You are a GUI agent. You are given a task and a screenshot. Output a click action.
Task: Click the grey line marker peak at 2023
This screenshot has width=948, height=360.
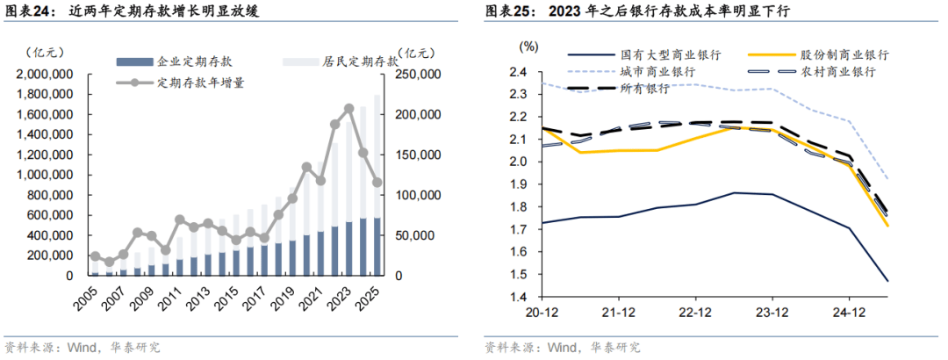[349, 109]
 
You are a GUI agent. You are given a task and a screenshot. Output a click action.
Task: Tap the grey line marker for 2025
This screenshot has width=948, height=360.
[377, 183]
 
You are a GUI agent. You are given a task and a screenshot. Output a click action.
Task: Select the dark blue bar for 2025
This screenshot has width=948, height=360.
[377, 247]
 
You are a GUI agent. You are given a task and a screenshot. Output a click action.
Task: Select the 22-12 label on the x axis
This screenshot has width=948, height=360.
[694, 312]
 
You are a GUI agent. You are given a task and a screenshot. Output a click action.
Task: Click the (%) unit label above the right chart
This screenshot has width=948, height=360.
[528, 45]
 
